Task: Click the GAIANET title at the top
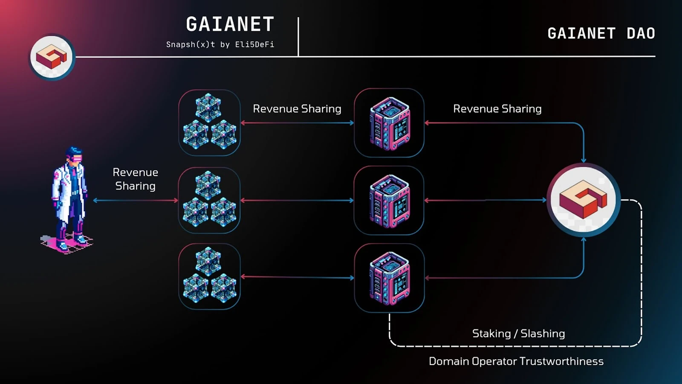230,25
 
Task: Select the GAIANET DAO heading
601,34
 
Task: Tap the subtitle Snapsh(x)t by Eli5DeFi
220,44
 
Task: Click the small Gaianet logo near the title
52,57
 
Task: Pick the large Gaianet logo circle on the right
583,200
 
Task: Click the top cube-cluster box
209,122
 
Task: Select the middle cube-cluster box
209,200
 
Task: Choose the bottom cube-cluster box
209,276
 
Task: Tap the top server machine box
389,123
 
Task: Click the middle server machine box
389,201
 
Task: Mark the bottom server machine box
389,278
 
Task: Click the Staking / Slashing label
518,334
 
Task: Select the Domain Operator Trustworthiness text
516,361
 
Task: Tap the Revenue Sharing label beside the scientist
135,179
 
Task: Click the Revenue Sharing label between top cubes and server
297,109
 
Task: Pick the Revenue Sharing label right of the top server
497,109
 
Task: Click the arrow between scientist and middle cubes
136,200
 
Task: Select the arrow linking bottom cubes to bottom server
297,277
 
